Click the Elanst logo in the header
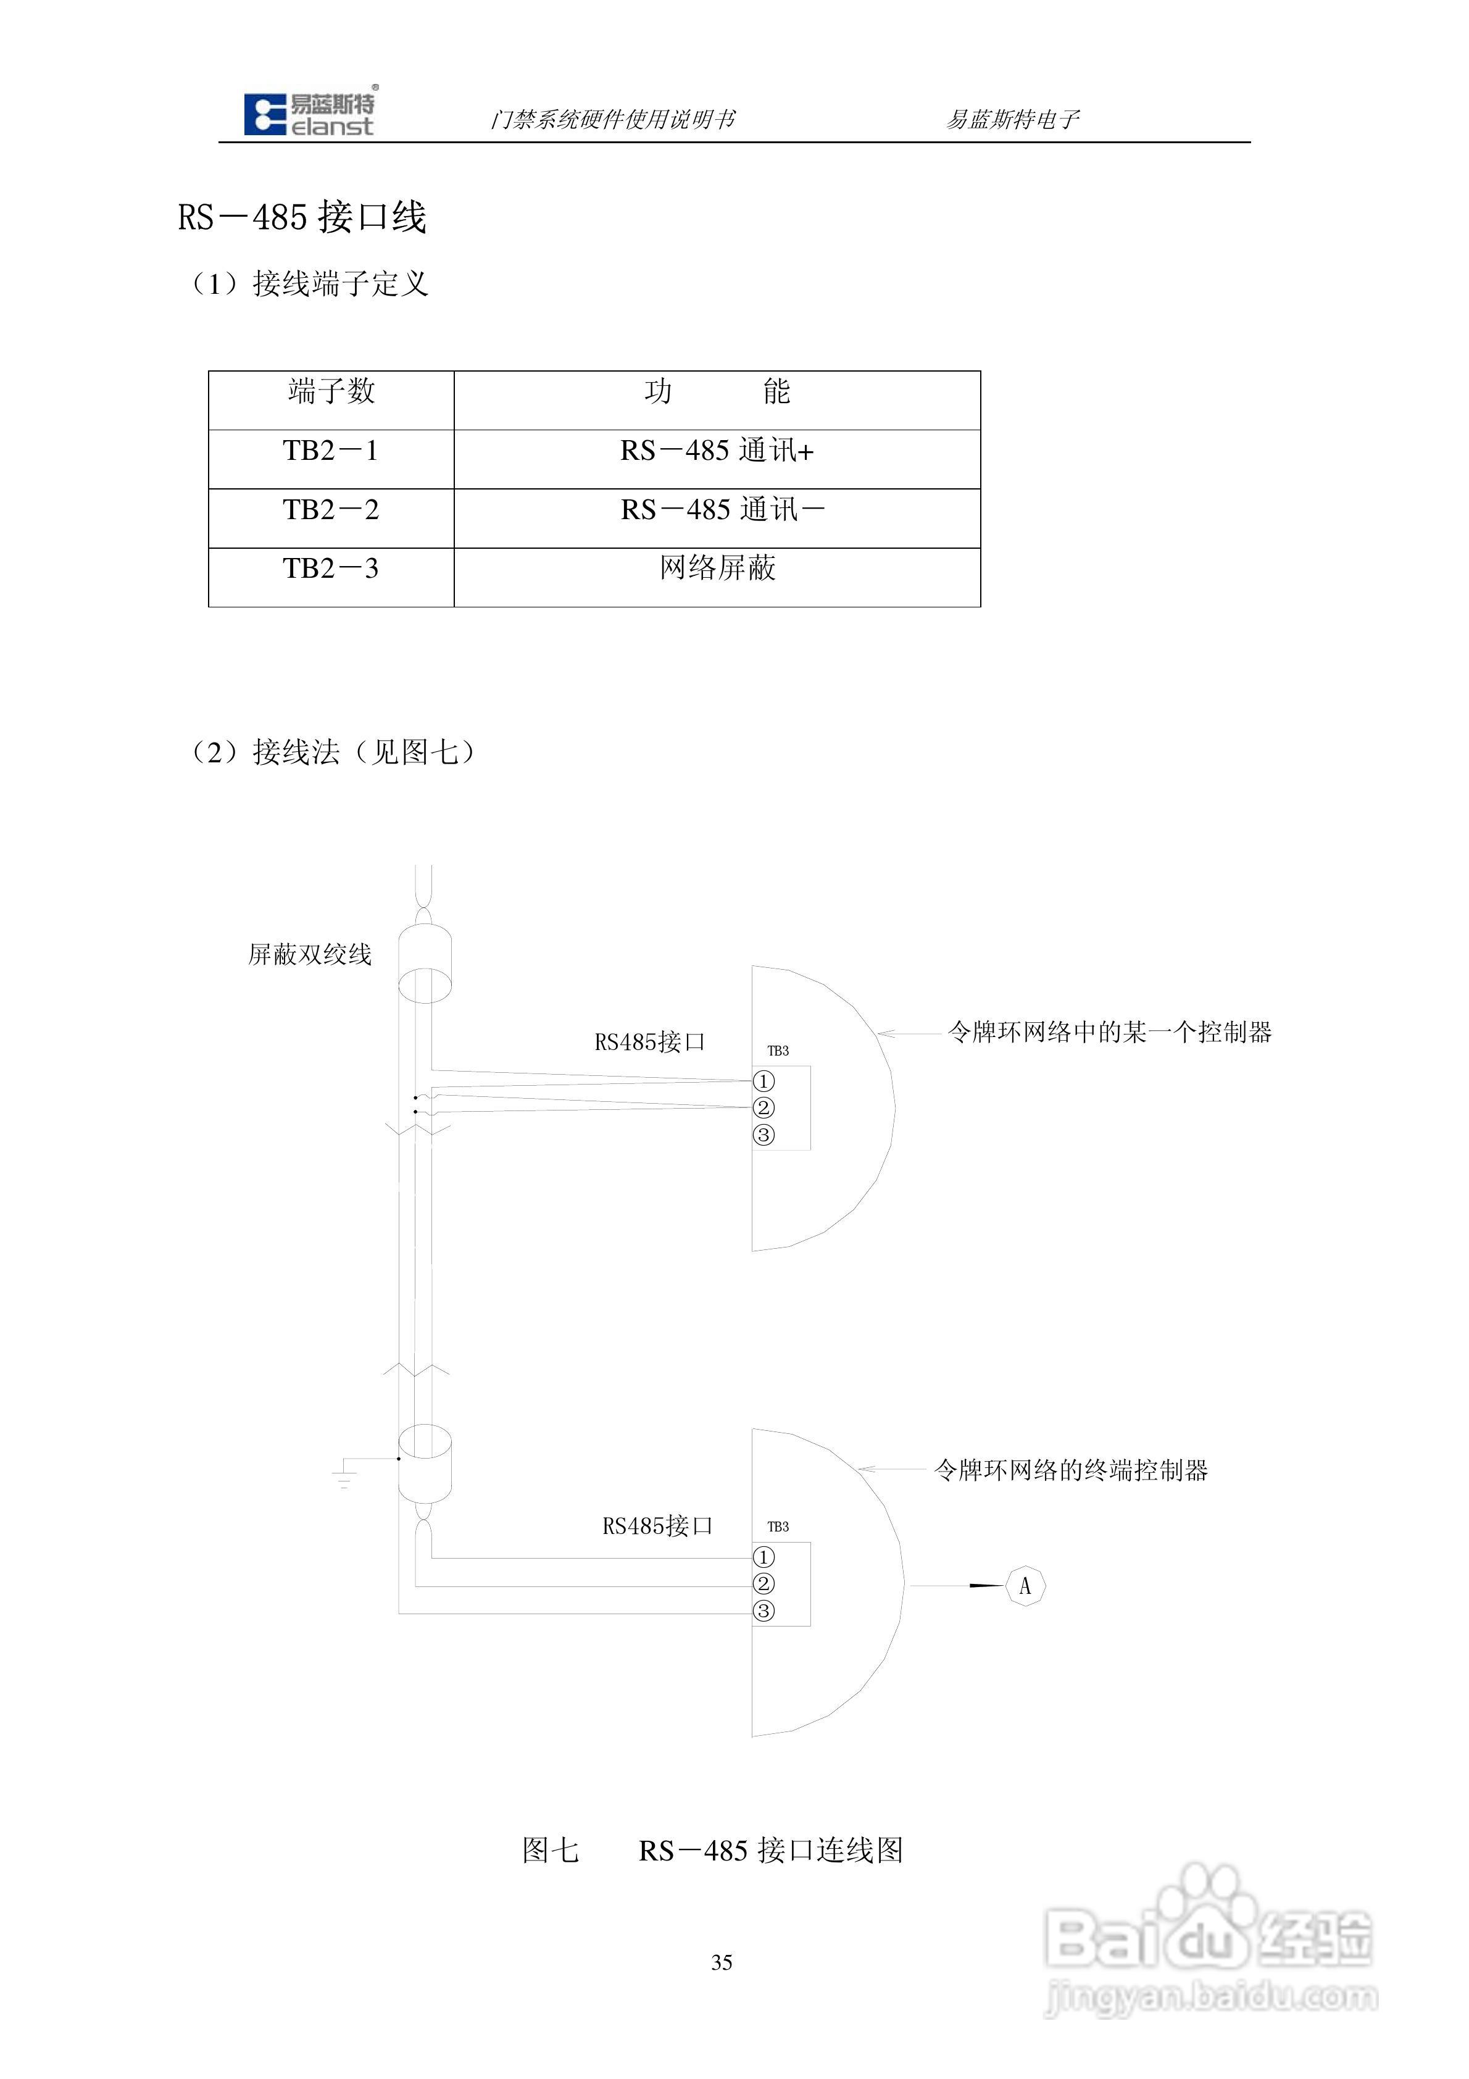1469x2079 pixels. [x=309, y=114]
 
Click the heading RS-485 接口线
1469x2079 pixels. [x=302, y=217]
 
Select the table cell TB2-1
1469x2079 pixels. [x=331, y=450]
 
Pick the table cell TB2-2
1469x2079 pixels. [x=331, y=510]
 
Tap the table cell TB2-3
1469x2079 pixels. [x=331, y=569]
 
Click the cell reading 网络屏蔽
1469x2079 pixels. [x=717, y=569]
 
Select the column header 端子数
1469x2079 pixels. [x=331, y=391]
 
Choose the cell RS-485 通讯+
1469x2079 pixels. [x=717, y=450]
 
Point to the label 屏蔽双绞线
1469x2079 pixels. [x=310, y=954]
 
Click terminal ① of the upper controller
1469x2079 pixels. [x=764, y=1081]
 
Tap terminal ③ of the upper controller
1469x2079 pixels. [x=764, y=1135]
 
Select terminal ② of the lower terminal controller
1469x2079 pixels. [x=764, y=1584]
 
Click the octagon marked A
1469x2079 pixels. [x=1025, y=1586]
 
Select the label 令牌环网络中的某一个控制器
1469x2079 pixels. [x=1109, y=1032]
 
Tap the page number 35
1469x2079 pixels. [x=722, y=1962]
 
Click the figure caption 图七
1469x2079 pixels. [x=551, y=1850]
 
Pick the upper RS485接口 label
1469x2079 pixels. [x=649, y=1042]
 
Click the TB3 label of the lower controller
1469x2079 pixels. [x=778, y=1527]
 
